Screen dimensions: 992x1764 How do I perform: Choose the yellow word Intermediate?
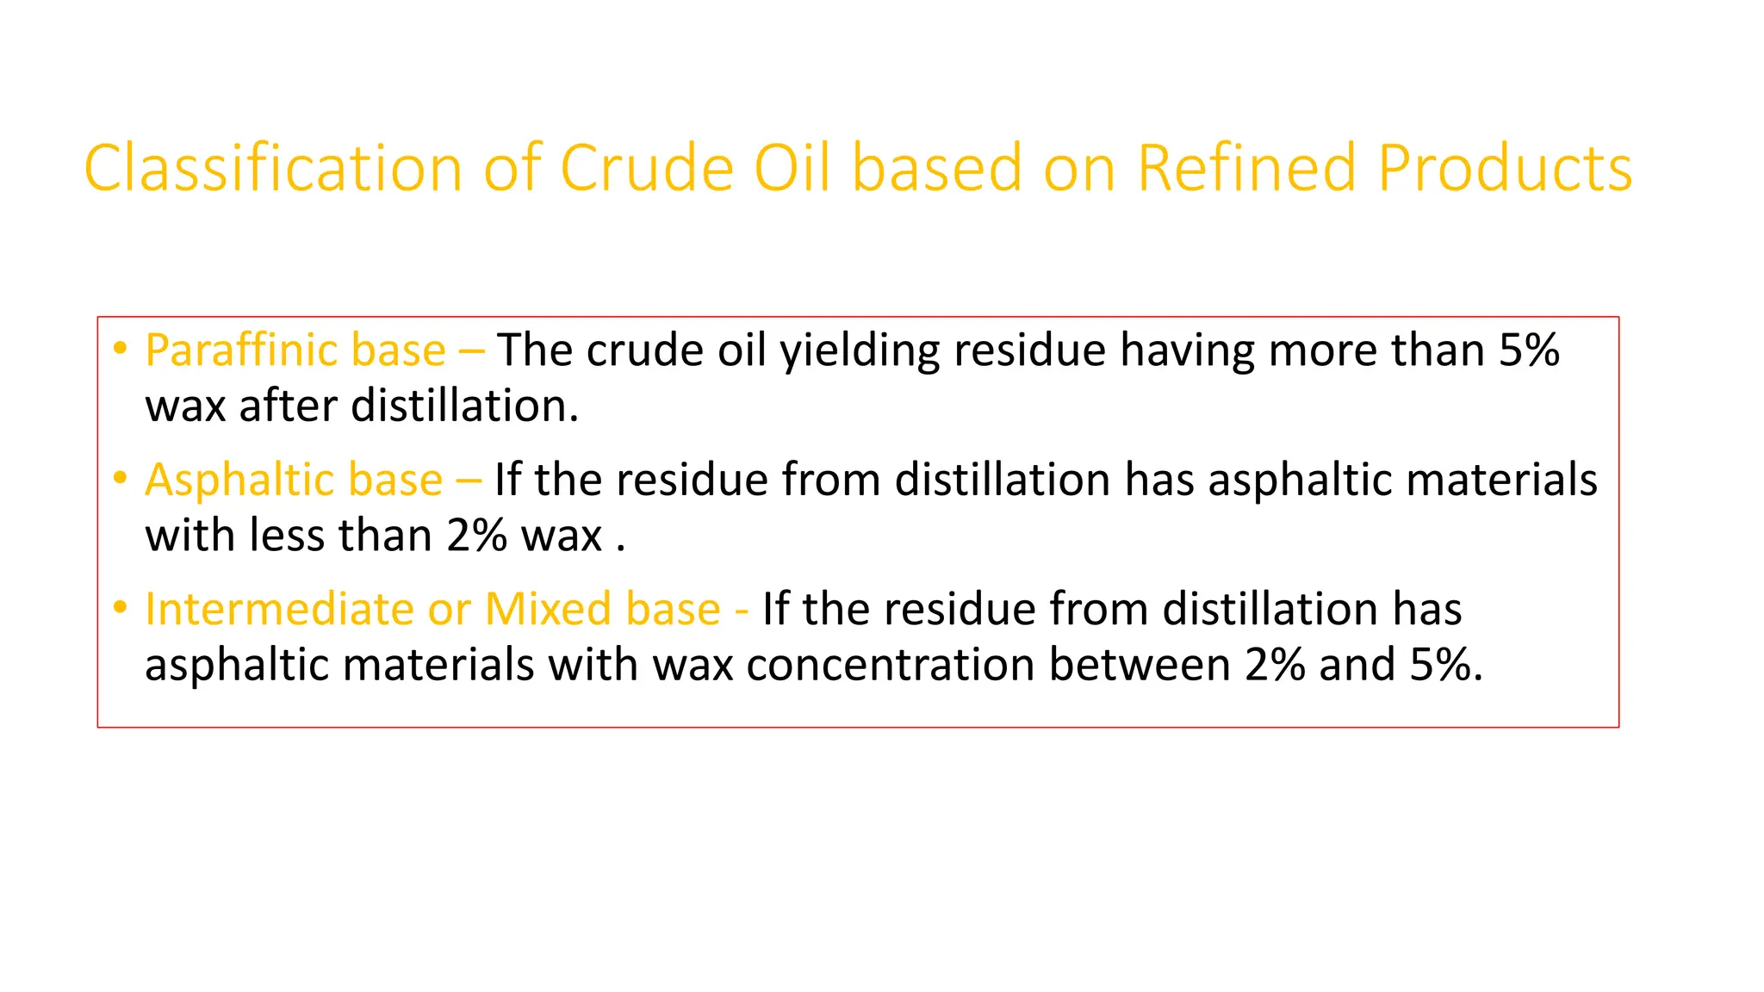point(279,610)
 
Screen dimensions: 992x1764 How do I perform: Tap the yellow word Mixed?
point(548,610)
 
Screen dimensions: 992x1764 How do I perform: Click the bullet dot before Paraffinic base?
point(121,349)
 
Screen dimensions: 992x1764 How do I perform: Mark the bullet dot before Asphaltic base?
point(121,478)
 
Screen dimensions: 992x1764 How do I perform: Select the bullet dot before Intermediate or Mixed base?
point(121,608)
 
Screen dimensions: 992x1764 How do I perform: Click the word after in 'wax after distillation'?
point(287,406)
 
